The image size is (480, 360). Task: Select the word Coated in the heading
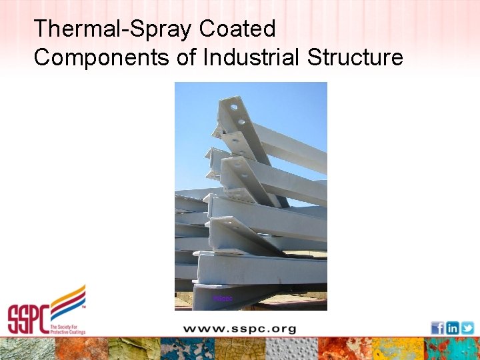(237, 29)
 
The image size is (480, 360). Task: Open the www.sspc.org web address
(239, 329)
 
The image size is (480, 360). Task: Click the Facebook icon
(437, 328)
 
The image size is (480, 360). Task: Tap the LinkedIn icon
(452, 328)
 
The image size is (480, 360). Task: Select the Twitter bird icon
(467, 328)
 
